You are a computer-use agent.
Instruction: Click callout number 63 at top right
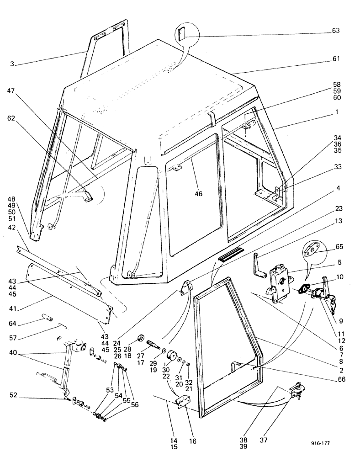tap(336, 32)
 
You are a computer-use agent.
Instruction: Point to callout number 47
tap(11, 91)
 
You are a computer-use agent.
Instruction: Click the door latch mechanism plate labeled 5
tap(278, 283)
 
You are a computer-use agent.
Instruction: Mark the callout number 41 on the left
tap(11, 302)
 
